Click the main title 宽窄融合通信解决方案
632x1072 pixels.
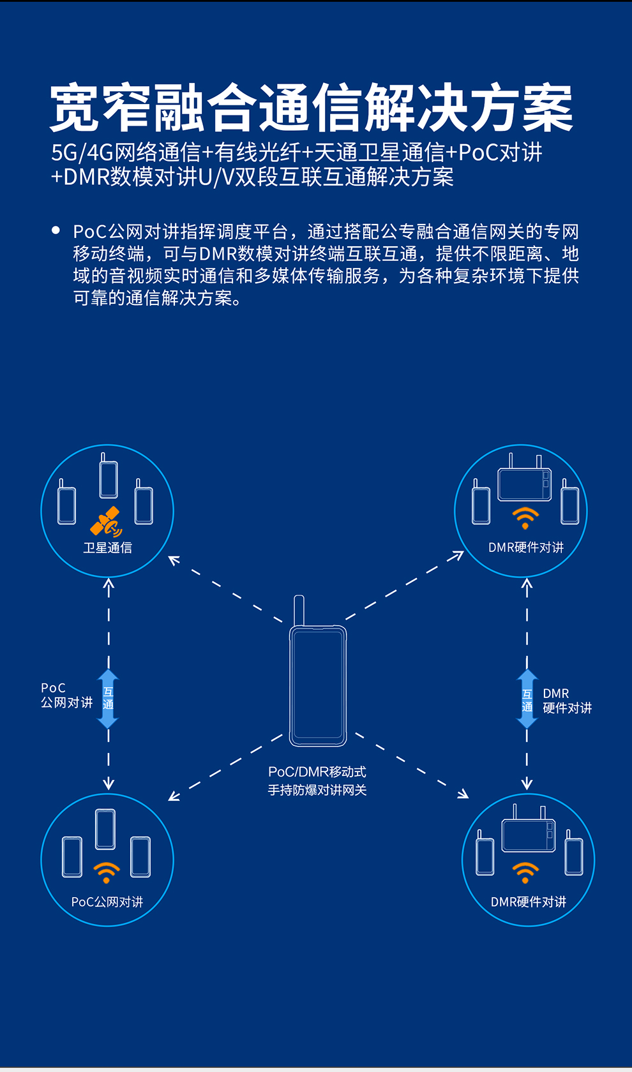pyautogui.click(x=312, y=107)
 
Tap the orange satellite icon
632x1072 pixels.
pyautogui.click(x=106, y=522)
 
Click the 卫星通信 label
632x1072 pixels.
pyautogui.click(x=107, y=547)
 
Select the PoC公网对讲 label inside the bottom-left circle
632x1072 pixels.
pyautogui.click(x=107, y=902)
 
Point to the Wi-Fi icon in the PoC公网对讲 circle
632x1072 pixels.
pyautogui.click(x=107, y=872)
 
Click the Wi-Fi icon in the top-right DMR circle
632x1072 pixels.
pyautogui.click(x=525, y=517)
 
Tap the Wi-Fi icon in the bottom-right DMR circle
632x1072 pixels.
pyautogui.click(x=525, y=872)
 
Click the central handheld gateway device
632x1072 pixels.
pyautogui.click(x=318, y=686)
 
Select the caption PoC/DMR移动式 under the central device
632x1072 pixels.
pyautogui.click(x=317, y=771)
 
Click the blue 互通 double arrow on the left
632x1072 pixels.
pyautogui.click(x=108, y=699)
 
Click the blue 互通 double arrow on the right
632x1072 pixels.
pyautogui.click(x=527, y=699)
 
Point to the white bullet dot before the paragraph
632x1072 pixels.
pyautogui.click(x=56, y=230)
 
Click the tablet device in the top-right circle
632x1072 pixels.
pyautogui.click(x=524, y=484)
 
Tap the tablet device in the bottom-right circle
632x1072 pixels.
pyautogui.click(x=529, y=835)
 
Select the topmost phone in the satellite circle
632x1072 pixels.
pyautogui.click(x=109, y=477)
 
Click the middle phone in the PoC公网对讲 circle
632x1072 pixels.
pyautogui.click(x=105, y=829)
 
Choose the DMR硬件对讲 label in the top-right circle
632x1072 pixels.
pyautogui.click(x=526, y=547)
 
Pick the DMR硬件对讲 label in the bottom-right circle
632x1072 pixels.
pyautogui.click(x=529, y=902)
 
